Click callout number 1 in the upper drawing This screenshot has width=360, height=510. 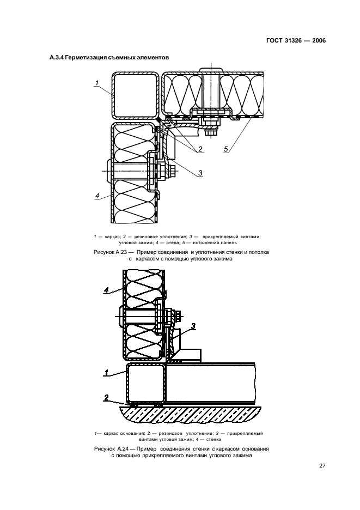[96, 83]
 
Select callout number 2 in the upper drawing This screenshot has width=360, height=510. [200, 149]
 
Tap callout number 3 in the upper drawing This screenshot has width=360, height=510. [200, 173]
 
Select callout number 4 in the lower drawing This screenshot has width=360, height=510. [107, 290]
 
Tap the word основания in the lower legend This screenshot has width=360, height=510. [124, 433]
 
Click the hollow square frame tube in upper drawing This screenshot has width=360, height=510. [134, 96]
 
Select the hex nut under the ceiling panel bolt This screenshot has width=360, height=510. [210, 132]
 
